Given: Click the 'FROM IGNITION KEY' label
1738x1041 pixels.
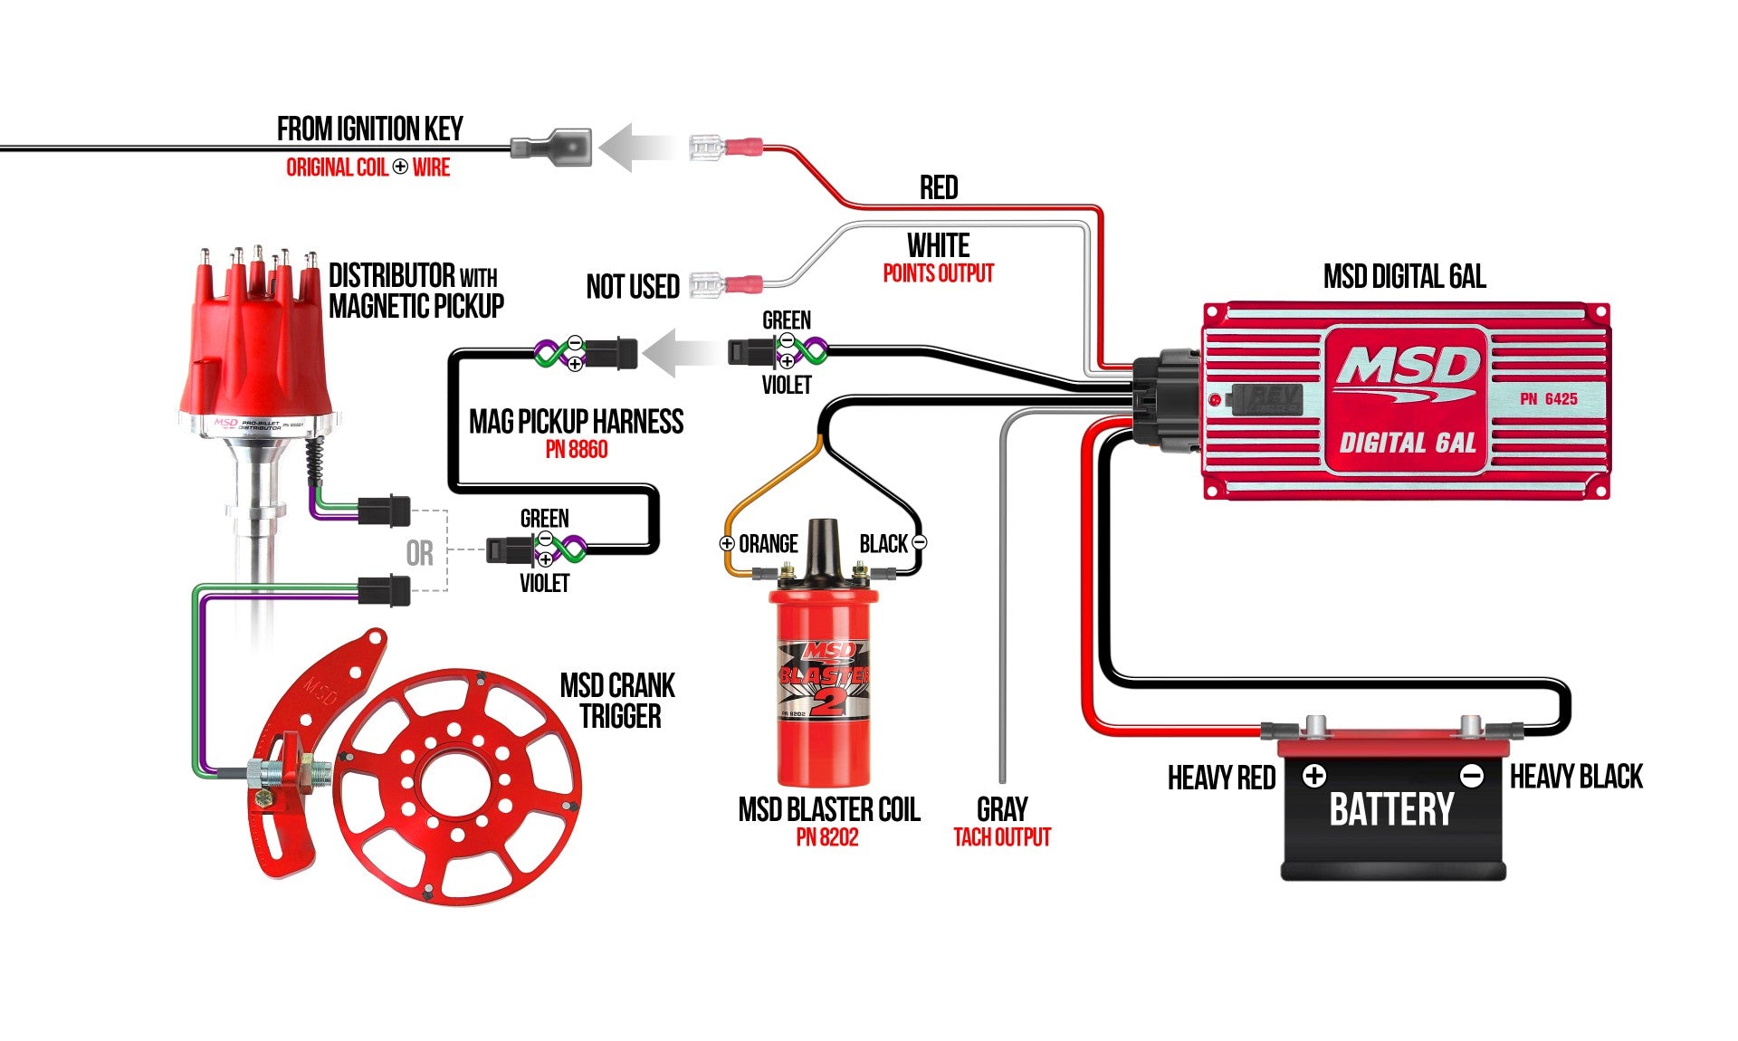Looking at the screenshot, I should [x=369, y=129].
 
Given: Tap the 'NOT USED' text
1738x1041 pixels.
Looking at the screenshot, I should [x=633, y=287].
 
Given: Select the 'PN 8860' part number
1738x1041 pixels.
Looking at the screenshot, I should [x=576, y=450].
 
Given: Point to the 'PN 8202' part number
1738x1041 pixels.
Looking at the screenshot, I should [x=826, y=837].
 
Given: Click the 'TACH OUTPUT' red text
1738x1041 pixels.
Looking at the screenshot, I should [x=1002, y=837].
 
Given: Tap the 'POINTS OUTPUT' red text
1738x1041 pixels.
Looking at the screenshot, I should [x=938, y=273].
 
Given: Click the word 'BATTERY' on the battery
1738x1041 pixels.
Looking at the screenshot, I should [x=1391, y=809].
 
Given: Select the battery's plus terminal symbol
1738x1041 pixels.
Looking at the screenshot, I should [x=1314, y=776].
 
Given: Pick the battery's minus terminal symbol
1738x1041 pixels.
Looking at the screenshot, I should [x=1472, y=776].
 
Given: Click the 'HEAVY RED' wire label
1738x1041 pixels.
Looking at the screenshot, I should [x=1221, y=778].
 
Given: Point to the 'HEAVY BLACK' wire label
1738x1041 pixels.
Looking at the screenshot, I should [x=1576, y=777].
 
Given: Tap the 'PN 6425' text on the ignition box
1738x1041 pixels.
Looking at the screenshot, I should [x=1549, y=398].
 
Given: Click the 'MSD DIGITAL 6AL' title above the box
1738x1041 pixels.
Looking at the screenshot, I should [x=1404, y=276].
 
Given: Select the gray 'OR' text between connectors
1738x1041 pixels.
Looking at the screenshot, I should [x=419, y=553].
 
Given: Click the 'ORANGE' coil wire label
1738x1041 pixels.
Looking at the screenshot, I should [x=769, y=544].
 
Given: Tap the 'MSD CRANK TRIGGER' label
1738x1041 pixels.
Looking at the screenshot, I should [x=618, y=701].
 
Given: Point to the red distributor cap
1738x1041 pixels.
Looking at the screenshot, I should [x=257, y=335].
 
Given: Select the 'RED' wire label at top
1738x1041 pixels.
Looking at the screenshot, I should [x=938, y=188].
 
